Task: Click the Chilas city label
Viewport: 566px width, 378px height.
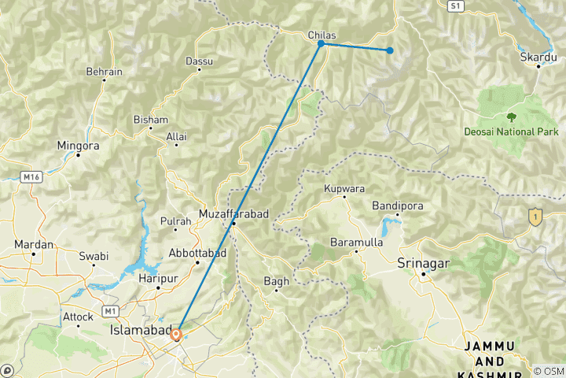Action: point(322,35)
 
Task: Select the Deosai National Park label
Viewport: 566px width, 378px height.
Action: point(511,132)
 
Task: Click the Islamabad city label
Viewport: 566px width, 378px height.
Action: point(139,333)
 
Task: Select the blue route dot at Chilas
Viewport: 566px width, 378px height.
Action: point(321,44)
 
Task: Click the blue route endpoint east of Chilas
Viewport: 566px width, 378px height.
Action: point(389,50)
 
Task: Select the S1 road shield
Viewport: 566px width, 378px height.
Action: point(454,6)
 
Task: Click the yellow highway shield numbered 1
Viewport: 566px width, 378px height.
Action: point(536,215)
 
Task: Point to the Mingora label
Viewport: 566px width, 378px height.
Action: point(78,146)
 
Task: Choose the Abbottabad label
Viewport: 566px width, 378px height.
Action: point(197,253)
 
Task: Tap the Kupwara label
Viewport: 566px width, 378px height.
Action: point(344,189)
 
